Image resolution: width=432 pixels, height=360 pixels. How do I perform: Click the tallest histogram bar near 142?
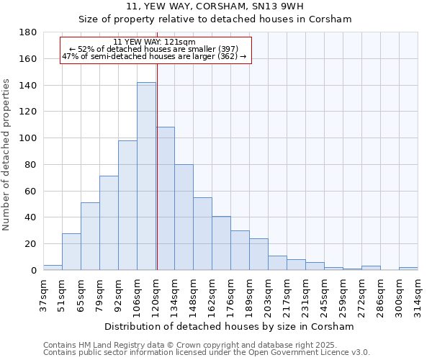[x=146, y=176]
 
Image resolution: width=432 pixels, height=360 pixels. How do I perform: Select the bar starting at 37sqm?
[x=53, y=268]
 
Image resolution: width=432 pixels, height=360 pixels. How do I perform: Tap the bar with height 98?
[x=127, y=205]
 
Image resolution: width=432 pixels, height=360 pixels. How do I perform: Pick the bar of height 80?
[x=184, y=217]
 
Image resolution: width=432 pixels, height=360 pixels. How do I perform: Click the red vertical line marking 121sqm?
[x=156, y=166]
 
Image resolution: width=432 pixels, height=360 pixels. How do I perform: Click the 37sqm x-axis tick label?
[x=43, y=294]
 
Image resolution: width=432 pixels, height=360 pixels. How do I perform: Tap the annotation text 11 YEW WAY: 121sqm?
[x=154, y=42]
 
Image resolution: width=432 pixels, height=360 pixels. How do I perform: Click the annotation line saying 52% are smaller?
[x=154, y=49]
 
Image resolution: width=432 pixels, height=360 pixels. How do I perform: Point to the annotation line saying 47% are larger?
[x=154, y=56]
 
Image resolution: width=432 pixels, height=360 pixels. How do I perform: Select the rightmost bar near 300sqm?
[x=408, y=269]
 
